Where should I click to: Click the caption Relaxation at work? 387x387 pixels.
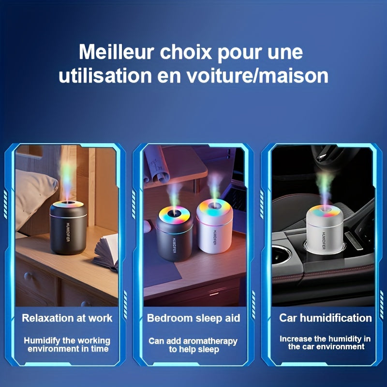tap(67, 318)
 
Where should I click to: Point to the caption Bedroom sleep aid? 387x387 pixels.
tap(193, 318)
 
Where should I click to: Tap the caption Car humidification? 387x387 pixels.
tap(325, 318)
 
